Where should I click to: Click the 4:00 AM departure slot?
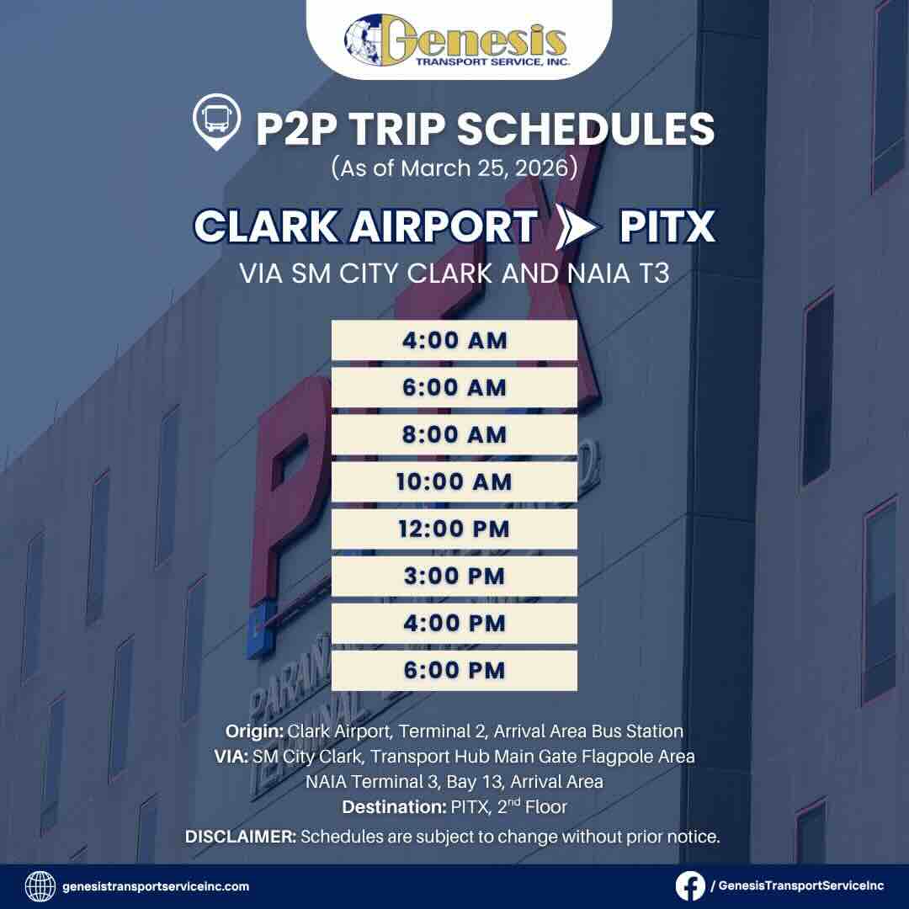click(x=454, y=341)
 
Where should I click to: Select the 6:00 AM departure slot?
click(x=454, y=388)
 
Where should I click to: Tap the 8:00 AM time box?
click(x=454, y=435)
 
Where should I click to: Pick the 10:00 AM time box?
click(x=454, y=482)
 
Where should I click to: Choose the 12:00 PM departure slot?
click(x=454, y=529)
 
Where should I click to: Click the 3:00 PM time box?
click(x=454, y=577)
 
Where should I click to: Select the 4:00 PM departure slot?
click(x=454, y=624)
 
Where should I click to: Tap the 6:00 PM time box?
click(x=454, y=671)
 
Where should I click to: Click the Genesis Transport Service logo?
click(x=455, y=40)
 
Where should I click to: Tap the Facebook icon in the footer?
click(x=691, y=885)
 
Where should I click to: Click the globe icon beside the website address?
click(x=40, y=885)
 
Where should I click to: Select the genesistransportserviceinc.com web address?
click(x=156, y=886)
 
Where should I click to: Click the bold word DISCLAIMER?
click(x=240, y=837)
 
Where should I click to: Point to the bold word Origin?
click(x=255, y=731)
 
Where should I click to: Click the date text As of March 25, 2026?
click(x=454, y=167)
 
